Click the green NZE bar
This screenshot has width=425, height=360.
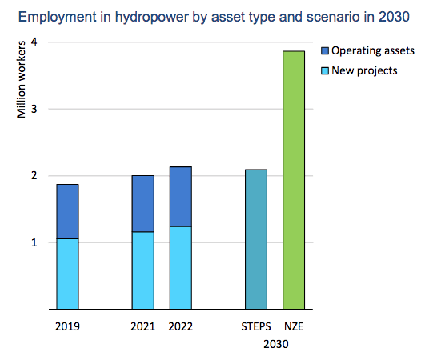click(x=294, y=180)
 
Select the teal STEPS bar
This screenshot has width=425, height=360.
click(x=256, y=239)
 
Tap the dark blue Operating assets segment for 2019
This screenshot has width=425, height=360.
click(x=67, y=211)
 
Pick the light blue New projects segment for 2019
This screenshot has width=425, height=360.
click(x=67, y=274)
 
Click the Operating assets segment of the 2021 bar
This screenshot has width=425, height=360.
click(x=143, y=204)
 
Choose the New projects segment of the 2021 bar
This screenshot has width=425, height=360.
click(x=143, y=270)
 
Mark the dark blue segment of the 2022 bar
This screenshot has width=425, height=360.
click(x=181, y=197)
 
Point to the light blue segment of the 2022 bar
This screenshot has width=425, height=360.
click(x=181, y=268)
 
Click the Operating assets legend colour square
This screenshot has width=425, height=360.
click(x=325, y=50)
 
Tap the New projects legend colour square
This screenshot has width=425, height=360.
click(x=325, y=70)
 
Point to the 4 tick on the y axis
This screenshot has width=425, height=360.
click(x=34, y=42)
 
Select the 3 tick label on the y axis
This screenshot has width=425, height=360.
click(x=34, y=109)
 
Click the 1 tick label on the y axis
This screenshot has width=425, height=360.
click(x=34, y=242)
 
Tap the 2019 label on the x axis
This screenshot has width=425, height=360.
click(x=67, y=326)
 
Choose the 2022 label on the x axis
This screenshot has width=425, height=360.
click(x=181, y=326)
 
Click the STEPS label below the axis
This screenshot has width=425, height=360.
click(x=256, y=326)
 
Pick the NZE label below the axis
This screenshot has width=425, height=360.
click(x=294, y=326)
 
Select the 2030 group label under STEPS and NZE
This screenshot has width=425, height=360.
click(x=276, y=344)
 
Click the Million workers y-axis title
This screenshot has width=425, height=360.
click(x=21, y=79)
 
